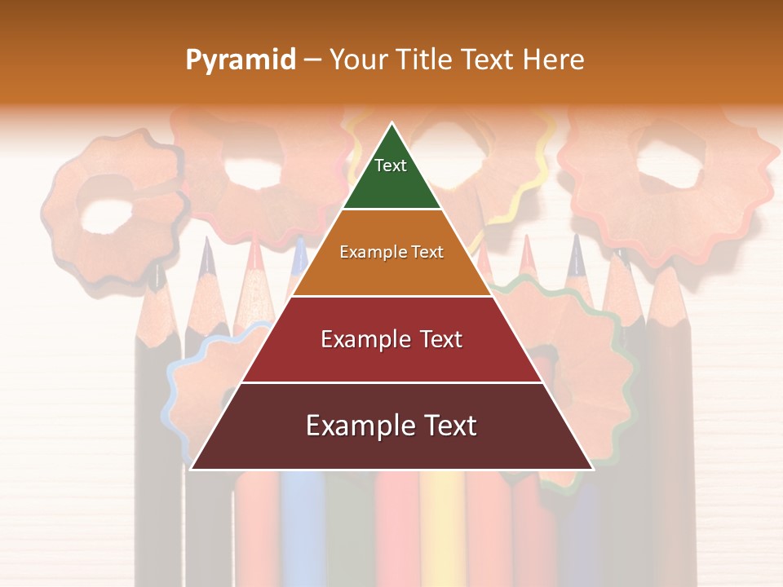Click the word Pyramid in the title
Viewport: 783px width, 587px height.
[x=240, y=60]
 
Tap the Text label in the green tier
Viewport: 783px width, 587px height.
[x=391, y=166]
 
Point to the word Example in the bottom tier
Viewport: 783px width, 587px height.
[x=360, y=426]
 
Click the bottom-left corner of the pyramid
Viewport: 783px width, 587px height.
[x=192, y=469]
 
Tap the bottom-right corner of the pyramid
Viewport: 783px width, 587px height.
[x=592, y=469]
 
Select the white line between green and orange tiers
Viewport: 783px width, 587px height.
[x=391, y=210]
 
